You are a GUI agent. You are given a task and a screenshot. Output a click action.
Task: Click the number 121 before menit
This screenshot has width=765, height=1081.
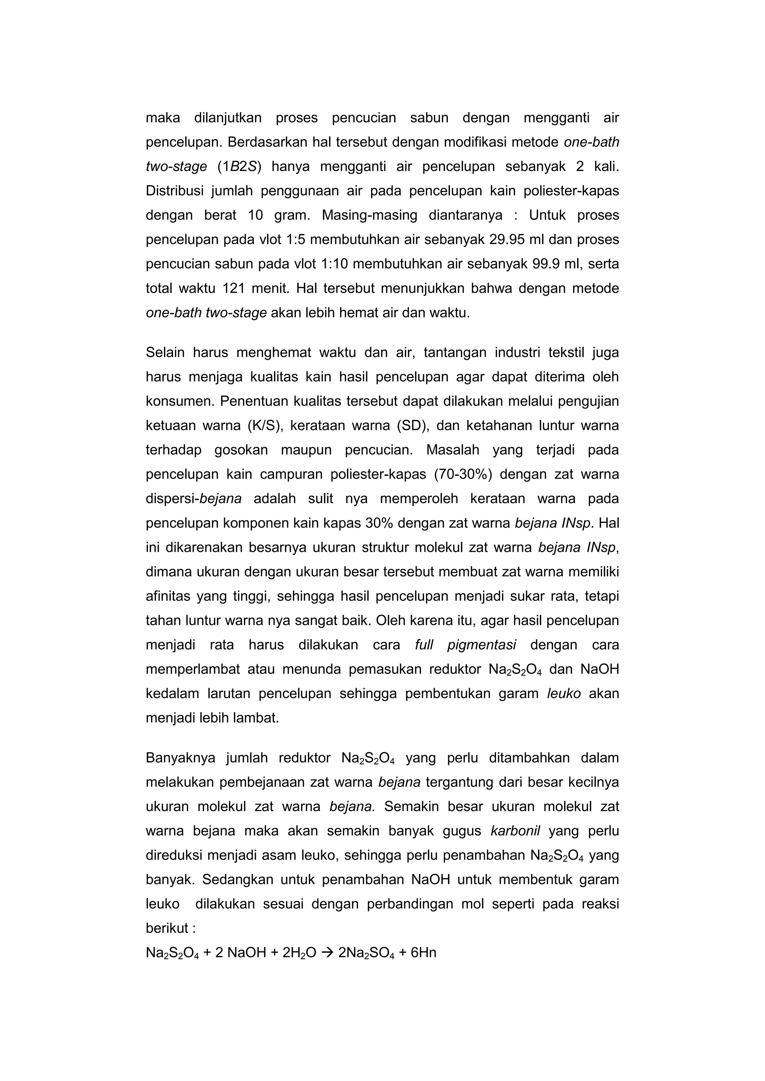click(x=233, y=288)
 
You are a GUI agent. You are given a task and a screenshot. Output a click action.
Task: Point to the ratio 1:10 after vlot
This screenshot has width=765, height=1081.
click(x=334, y=264)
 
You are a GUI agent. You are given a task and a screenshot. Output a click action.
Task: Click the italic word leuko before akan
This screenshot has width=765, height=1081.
click(x=564, y=694)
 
